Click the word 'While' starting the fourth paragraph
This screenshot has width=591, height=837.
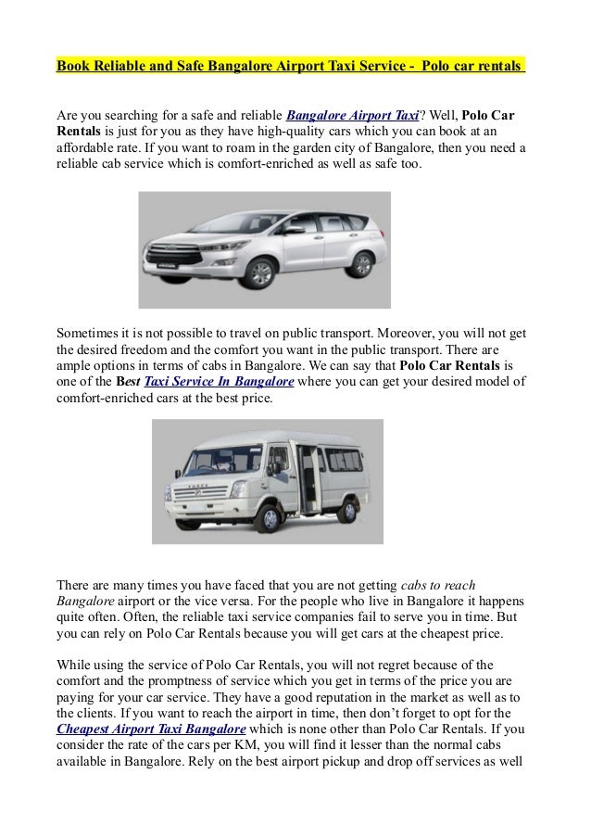(74, 665)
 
